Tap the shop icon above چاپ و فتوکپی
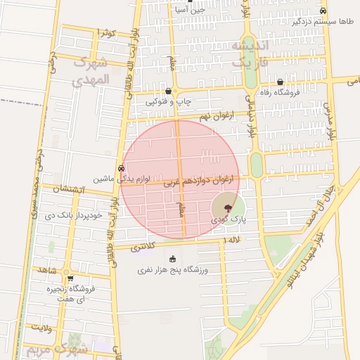tap(168, 91)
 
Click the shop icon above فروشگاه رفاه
tap(280, 82)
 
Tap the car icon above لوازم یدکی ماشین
tap(122, 168)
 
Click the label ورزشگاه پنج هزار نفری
tap(173, 269)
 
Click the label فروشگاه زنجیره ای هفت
tap(71, 294)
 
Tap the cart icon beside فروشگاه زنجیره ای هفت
tap(69, 278)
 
